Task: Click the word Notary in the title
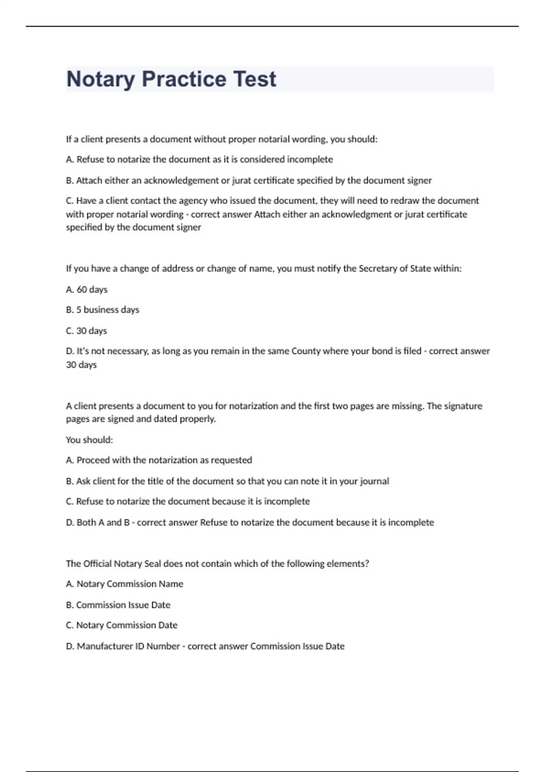pyautogui.click(x=100, y=79)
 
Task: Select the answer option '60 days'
pyautogui.click(x=87, y=289)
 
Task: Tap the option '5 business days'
pyautogui.click(x=103, y=310)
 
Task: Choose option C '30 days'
pyautogui.click(x=86, y=331)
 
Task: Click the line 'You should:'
pyautogui.click(x=89, y=440)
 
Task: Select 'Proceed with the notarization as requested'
pyautogui.click(x=159, y=460)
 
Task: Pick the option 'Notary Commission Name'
pyautogui.click(x=125, y=584)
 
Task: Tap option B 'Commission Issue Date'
pyautogui.click(x=118, y=605)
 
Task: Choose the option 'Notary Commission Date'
pyautogui.click(x=122, y=625)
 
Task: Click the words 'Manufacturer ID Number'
pyautogui.click(x=128, y=646)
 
